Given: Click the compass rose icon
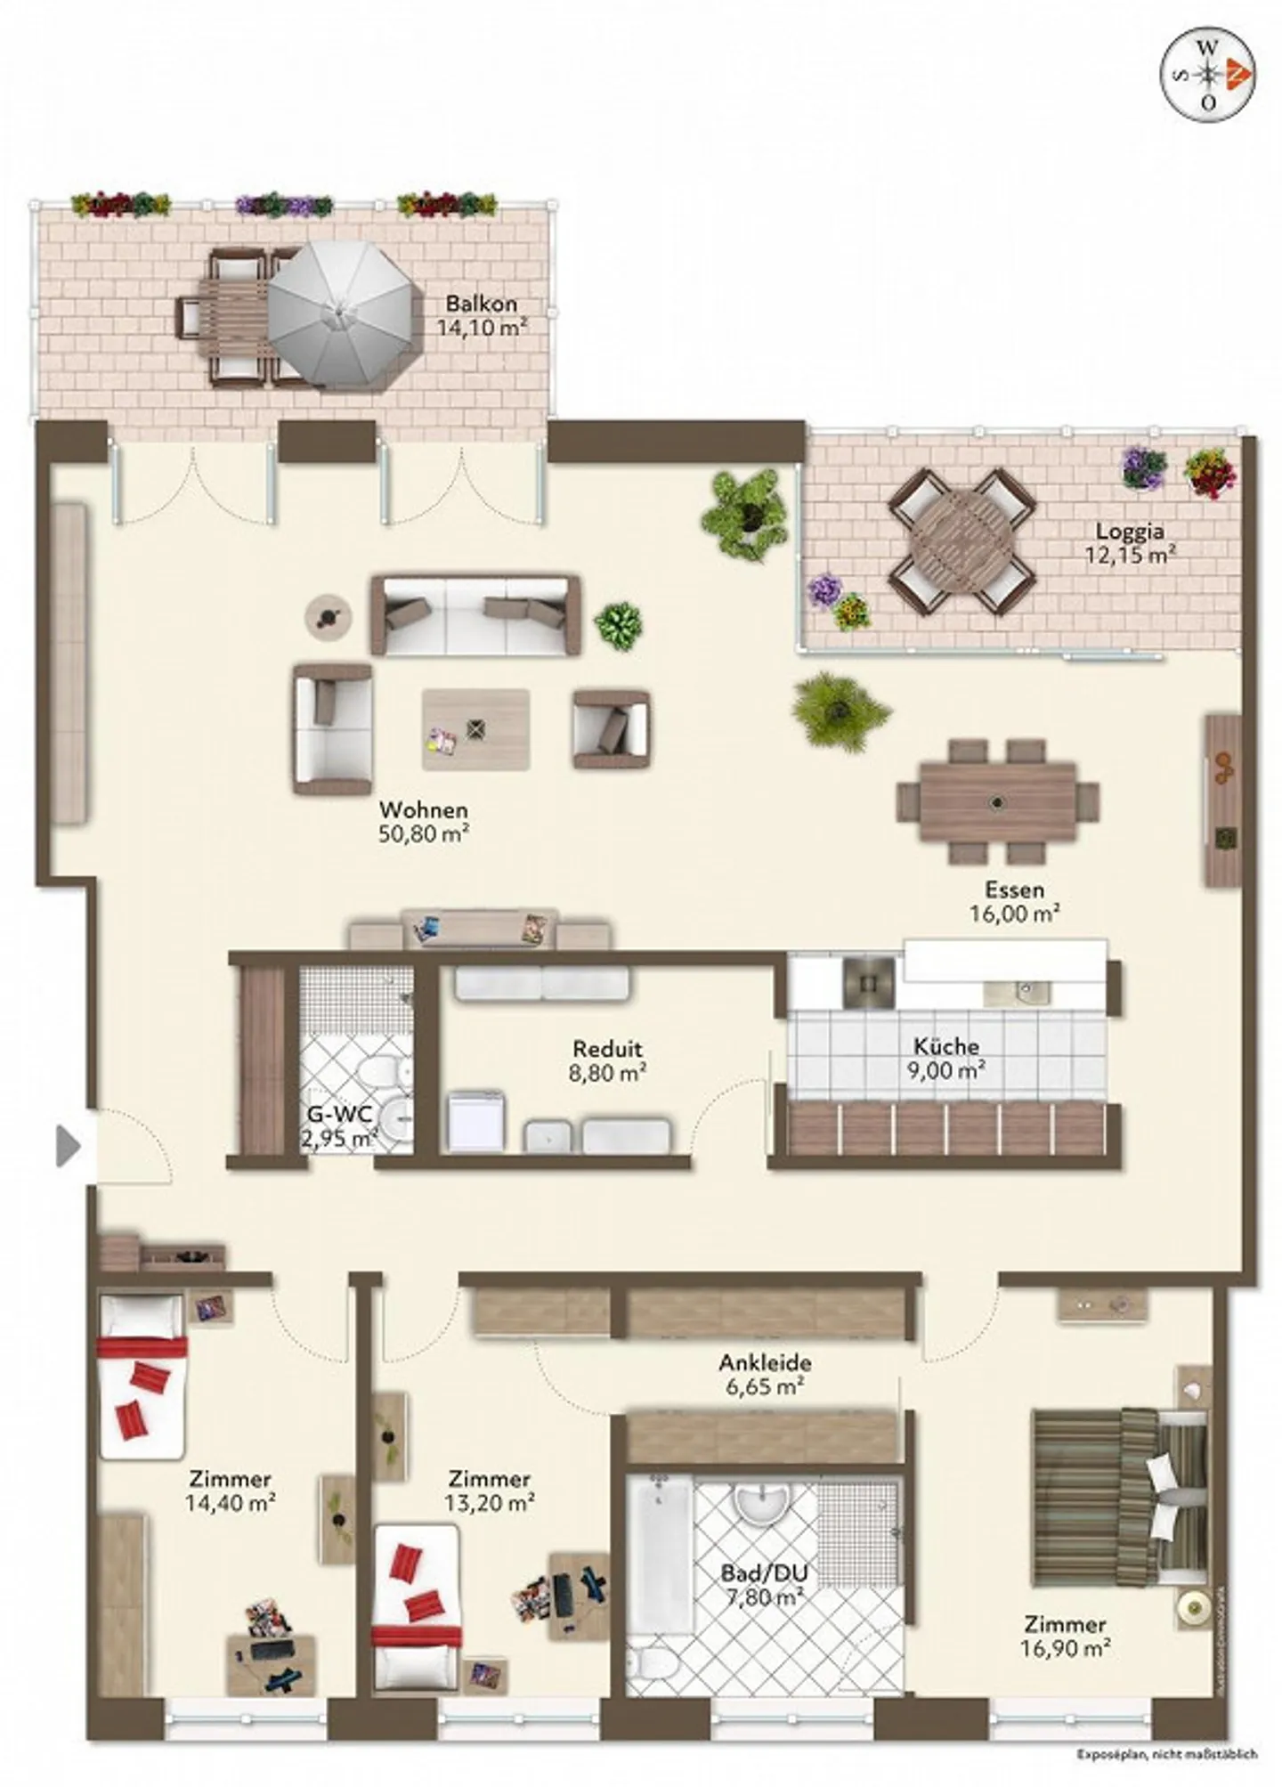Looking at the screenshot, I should tap(1207, 76).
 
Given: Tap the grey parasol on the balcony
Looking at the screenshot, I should tap(344, 315).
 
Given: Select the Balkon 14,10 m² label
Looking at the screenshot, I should tap(482, 315).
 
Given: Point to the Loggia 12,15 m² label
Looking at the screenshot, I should tap(1130, 542).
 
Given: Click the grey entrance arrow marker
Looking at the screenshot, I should tap(68, 1146).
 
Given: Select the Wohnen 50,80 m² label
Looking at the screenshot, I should tap(424, 821).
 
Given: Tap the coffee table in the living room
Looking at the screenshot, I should tap(475, 729).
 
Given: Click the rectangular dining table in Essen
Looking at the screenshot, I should tap(997, 801).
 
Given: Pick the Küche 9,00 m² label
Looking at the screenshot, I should tap(945, 1058).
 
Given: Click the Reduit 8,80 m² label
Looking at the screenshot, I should tap(607, 1060).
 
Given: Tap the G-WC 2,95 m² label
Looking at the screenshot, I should tap(338, 1125).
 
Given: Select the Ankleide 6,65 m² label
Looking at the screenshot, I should tap(765, 1374).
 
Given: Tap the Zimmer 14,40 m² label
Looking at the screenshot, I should tap(230, 1491).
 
